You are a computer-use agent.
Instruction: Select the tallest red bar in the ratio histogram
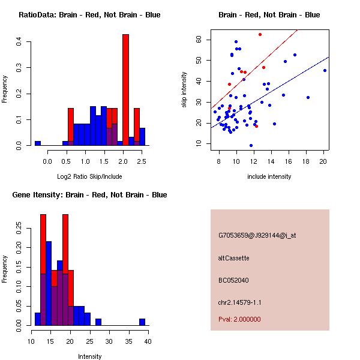[125, 90]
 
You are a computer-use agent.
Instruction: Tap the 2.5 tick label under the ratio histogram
[142, 161]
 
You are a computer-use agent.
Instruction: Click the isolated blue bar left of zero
[38, 143]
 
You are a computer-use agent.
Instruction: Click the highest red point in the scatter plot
[260, 34]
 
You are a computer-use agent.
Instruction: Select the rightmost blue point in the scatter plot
[325, 70]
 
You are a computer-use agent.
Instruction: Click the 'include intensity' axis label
[269, 176]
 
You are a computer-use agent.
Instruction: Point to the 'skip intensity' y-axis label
[185, 90]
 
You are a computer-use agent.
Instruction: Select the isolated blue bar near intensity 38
[142, 322]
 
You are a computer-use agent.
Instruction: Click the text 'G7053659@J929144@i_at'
[257, 235]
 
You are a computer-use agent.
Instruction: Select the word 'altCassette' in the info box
[234, 258]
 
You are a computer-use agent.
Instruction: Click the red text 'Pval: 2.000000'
[240, 319]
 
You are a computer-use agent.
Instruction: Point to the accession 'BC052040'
[234, 280]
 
